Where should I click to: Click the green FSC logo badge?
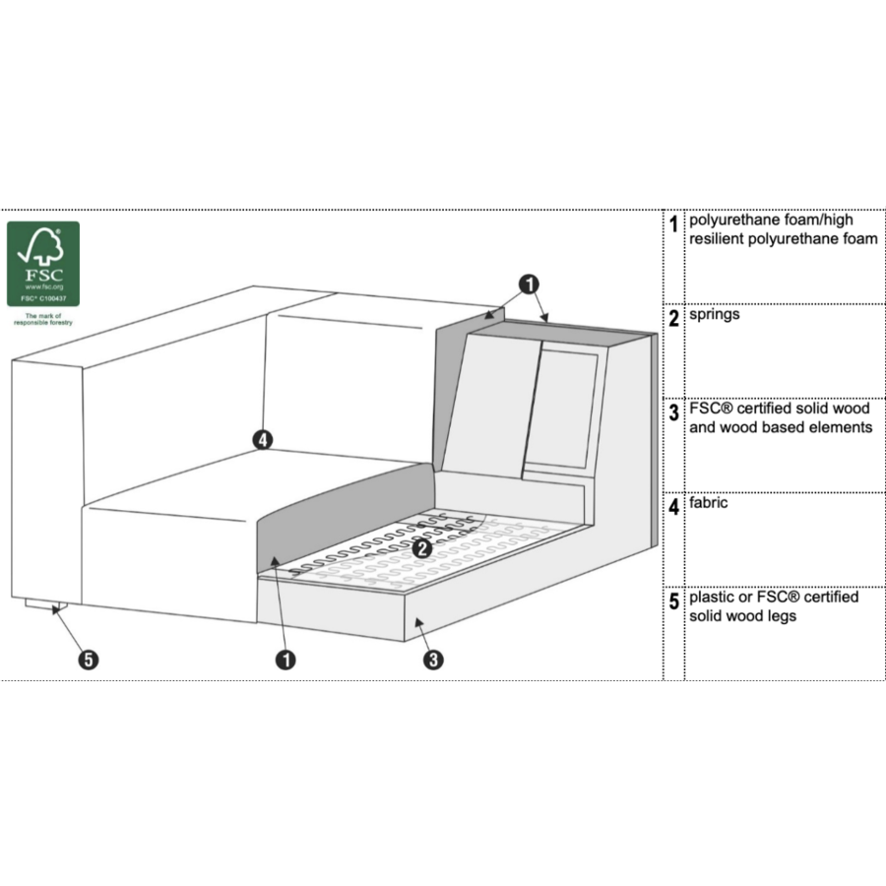[43, 264]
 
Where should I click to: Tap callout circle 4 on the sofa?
[262, 440]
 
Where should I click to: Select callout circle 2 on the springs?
[422, 548]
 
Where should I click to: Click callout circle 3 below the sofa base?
[433, 660]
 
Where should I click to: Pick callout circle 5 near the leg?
[89, 660]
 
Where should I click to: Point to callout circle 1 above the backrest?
[529, 285]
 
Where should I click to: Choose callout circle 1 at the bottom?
[285, 660]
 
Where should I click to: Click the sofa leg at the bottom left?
[45, 605]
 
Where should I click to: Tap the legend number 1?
[673, 224]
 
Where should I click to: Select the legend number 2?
[673, 318]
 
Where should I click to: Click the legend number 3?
[673, 412]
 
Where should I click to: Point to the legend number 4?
[673, 507]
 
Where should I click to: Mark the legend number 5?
[673, 601]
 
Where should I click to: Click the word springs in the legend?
[715, 315]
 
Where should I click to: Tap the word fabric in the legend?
[708, 502]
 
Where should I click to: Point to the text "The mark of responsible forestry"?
[43, 319]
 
